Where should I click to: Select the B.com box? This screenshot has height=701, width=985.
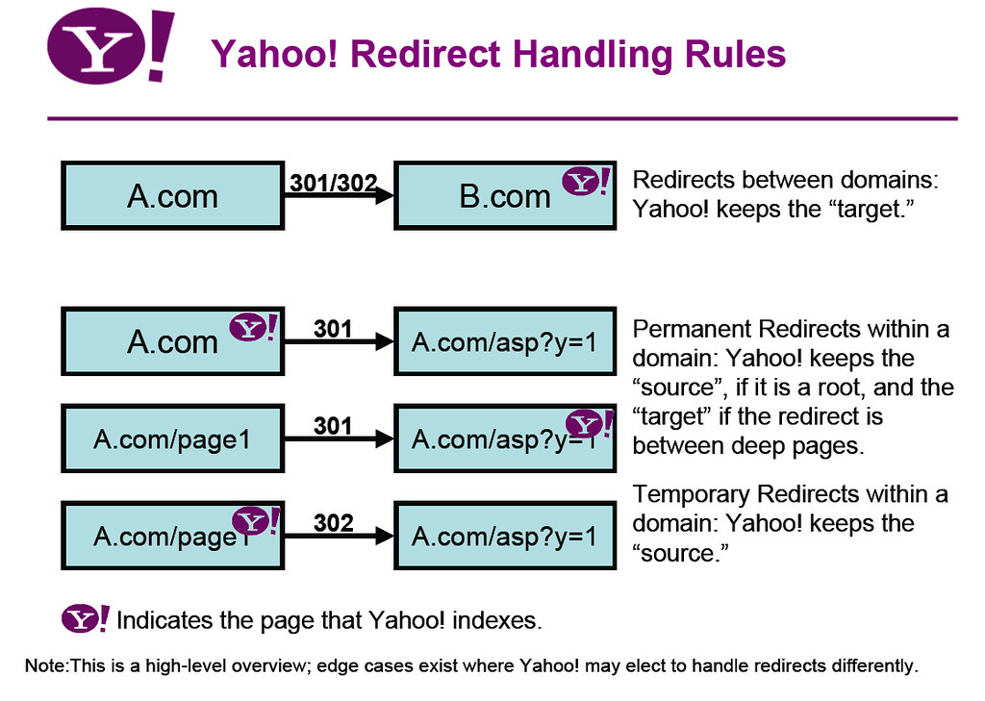[505, 196]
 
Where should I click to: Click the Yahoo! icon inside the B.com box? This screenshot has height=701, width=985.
[585, 182]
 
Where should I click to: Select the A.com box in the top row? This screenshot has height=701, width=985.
[172, 196]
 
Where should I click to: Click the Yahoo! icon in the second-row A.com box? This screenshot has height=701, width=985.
[252, 329]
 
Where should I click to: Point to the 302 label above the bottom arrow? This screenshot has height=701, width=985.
[334, 524]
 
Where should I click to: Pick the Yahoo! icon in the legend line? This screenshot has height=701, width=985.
[86, 619]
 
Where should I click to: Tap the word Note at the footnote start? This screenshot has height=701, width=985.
[44, 665]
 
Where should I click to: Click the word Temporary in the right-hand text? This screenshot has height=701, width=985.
[691, 494]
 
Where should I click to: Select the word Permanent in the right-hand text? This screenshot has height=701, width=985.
[693, 329]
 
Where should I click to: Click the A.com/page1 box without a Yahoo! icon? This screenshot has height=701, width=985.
[172, 438]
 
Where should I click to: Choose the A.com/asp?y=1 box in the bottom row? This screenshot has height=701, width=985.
[505, 536]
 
